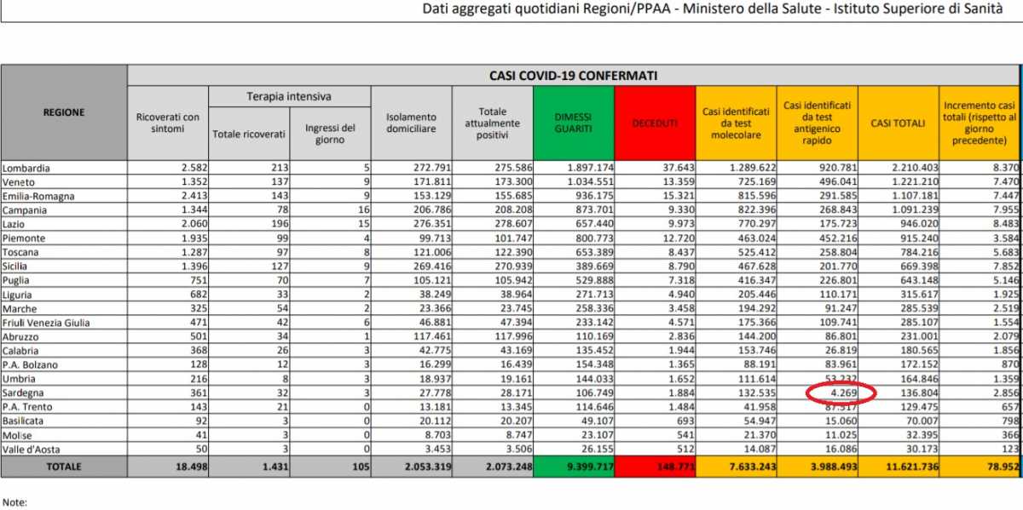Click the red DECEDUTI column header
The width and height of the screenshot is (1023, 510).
pos(655,123)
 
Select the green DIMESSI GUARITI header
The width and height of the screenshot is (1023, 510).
pos(572,123)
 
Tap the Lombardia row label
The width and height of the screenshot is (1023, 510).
pos(26,169)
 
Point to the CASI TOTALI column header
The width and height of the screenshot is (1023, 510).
pos(897,123)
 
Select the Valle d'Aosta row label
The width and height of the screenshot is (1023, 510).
pos(33,448)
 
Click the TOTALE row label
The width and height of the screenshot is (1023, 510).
pos(64,467)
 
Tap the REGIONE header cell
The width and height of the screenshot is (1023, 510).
pos(64,112)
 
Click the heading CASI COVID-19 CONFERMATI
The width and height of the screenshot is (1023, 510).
pos(573,75)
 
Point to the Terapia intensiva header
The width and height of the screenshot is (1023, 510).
pos(289,97)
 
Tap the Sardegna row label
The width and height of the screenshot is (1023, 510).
pos(26,393)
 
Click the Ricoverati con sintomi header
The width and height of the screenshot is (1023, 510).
pos(167,123)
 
